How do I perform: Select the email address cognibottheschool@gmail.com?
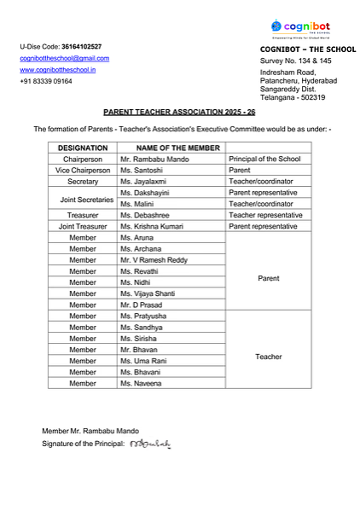click(65, 58)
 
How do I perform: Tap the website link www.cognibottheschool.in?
click(58, 70)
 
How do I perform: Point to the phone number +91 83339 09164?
click(46, 82)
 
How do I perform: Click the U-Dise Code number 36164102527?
click(81, 46)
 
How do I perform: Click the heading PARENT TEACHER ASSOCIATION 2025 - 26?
click(179, 112)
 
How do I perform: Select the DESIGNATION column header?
click(82, 148)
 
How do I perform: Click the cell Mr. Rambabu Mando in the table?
click(154, 160)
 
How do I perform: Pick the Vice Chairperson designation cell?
click(82, 171)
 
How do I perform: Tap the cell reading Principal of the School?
click(264, 160)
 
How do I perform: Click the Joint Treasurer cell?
click(82, 227)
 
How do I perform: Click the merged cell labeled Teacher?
click(268, 357)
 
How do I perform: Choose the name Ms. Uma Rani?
click(142, 362)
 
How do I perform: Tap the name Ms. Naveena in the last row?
click(140, 384)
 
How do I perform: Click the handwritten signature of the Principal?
click(151, 444)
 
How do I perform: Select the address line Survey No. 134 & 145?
click(296, 61)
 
